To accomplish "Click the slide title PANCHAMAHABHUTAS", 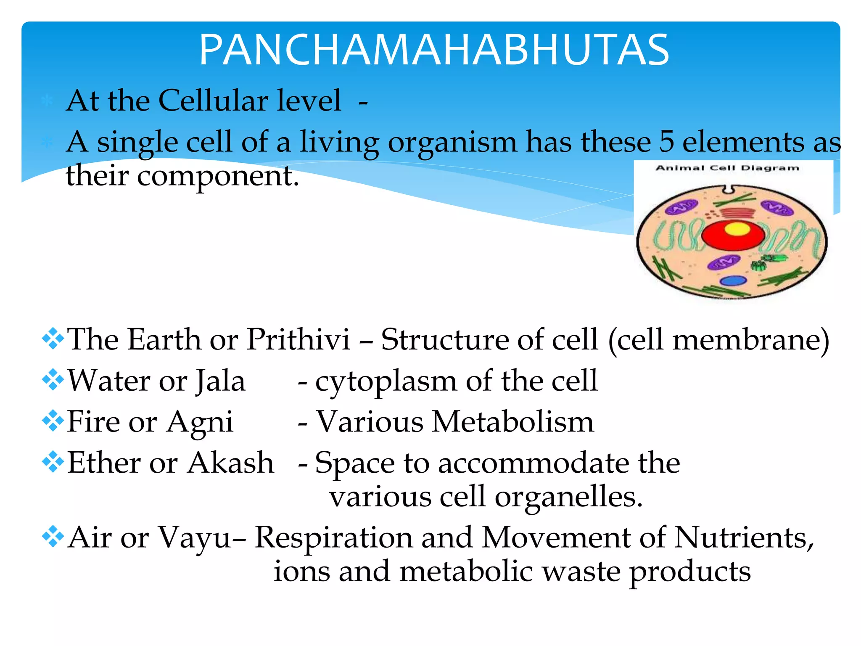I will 434,50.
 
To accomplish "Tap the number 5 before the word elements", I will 666,142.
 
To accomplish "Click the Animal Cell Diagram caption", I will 727,168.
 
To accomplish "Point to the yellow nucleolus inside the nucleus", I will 737,228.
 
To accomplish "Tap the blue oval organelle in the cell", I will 733,281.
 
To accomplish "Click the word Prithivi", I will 298,339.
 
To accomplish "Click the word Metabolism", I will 513,421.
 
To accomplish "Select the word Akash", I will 230,463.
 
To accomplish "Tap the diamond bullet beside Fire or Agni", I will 53,421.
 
